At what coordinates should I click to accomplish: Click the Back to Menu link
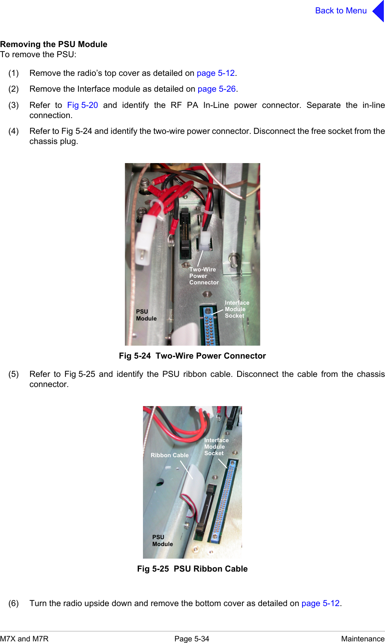(340, 11)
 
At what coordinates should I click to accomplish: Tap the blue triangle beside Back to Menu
(379, 11)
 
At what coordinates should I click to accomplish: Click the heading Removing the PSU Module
(54, 44)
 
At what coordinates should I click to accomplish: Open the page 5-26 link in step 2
(216, 89)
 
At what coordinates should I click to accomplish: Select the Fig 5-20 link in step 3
(82, 105)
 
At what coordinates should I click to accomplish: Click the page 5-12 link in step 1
(216, 73)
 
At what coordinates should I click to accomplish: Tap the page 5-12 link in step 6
(320, 603)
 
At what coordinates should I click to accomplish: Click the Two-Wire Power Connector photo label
(203, 276)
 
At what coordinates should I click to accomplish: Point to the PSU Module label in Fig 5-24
(146, 315)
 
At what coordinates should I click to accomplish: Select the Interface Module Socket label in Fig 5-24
(237, 309)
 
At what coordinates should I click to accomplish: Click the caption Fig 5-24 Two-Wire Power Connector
(192, 356)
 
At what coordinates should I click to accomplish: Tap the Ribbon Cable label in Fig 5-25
(169, 455)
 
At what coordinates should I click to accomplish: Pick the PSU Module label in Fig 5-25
(162, 541)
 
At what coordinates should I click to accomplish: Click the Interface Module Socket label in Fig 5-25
(216, 447)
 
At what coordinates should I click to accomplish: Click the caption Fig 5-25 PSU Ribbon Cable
(192, 569)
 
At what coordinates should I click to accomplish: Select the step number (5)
(13, 374)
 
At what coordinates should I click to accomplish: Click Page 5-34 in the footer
(191, 639)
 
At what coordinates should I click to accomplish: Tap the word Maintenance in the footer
(362, 639)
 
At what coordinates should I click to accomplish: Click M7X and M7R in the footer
(24, 639)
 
